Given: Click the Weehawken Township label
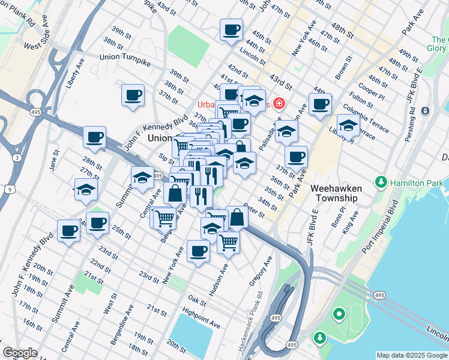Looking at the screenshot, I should tap(334, 193).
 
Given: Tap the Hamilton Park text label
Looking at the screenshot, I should tap(417, 182).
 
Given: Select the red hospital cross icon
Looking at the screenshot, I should tap(278, 104).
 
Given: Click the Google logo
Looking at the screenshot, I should tap(20, 353).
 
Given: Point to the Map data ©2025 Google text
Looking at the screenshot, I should tap(411, 355).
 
